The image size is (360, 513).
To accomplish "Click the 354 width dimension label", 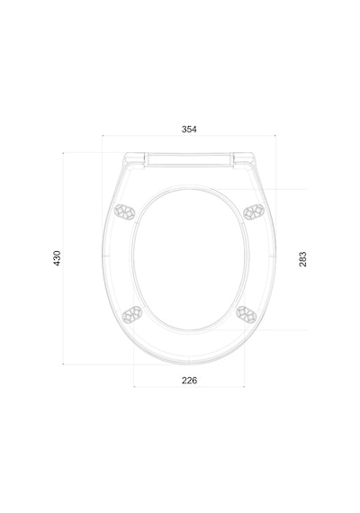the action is (189, 130).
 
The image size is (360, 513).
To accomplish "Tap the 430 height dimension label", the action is (57, 258).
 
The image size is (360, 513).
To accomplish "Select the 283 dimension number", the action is (302, 259).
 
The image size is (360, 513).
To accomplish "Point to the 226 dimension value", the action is (190, 381).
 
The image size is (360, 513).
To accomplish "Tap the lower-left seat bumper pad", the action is (132, 315).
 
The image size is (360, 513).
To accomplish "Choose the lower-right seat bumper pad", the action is (247, 315).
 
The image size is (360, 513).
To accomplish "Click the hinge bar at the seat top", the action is (189, 160).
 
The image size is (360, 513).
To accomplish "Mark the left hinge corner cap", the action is (134, 160).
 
